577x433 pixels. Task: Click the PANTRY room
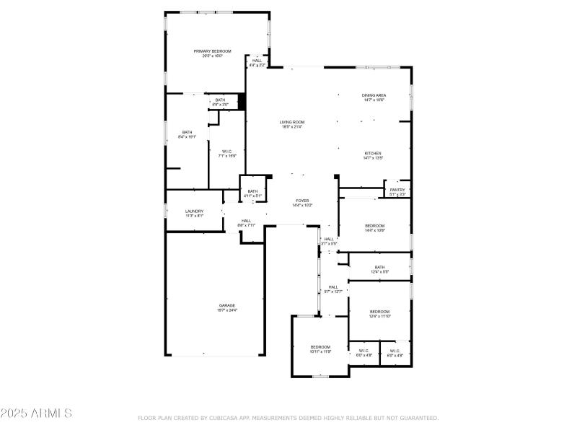coord(397,192)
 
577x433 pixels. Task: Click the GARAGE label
coord(227,307)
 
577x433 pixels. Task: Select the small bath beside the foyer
coord(252,193)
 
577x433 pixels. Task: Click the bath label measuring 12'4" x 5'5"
coord(379,269)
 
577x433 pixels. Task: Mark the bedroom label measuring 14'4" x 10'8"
coord(374,227)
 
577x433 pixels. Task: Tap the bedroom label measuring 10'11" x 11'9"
coord(320,349)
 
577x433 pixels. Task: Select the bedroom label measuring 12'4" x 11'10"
coord(379,313)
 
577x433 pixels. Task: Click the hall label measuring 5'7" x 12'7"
coord(333,289)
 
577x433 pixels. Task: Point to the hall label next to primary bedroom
coord(257,63)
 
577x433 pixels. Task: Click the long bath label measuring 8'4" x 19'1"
coord(188,134)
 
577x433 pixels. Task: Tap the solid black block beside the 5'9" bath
coord(242,102)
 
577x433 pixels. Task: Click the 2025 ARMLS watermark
coord(36,414)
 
